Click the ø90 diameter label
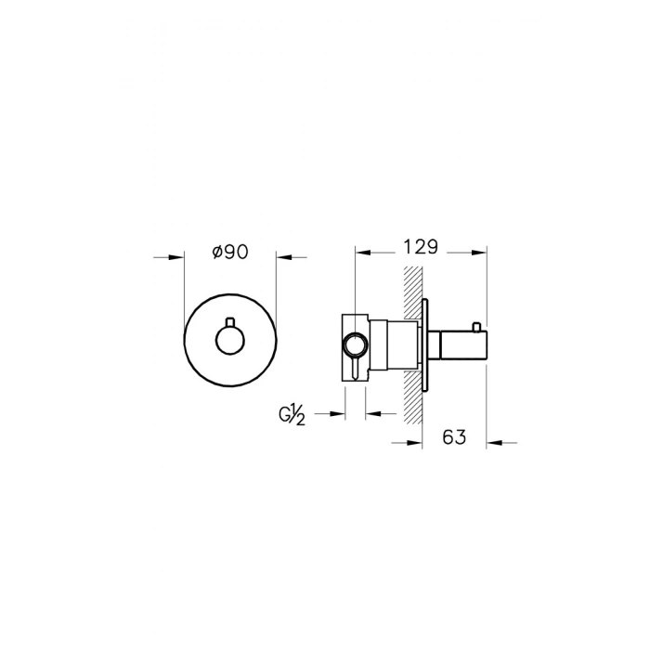click(230, 252)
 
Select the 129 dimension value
click(421, 247)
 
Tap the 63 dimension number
click(454, 437)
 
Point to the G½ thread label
click(292, 414)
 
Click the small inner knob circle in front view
click(230, 340)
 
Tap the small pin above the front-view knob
click(230, 321)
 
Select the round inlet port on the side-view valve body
click(355, 344)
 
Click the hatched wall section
click(413, 344)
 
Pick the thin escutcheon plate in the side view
click(425, 344)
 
